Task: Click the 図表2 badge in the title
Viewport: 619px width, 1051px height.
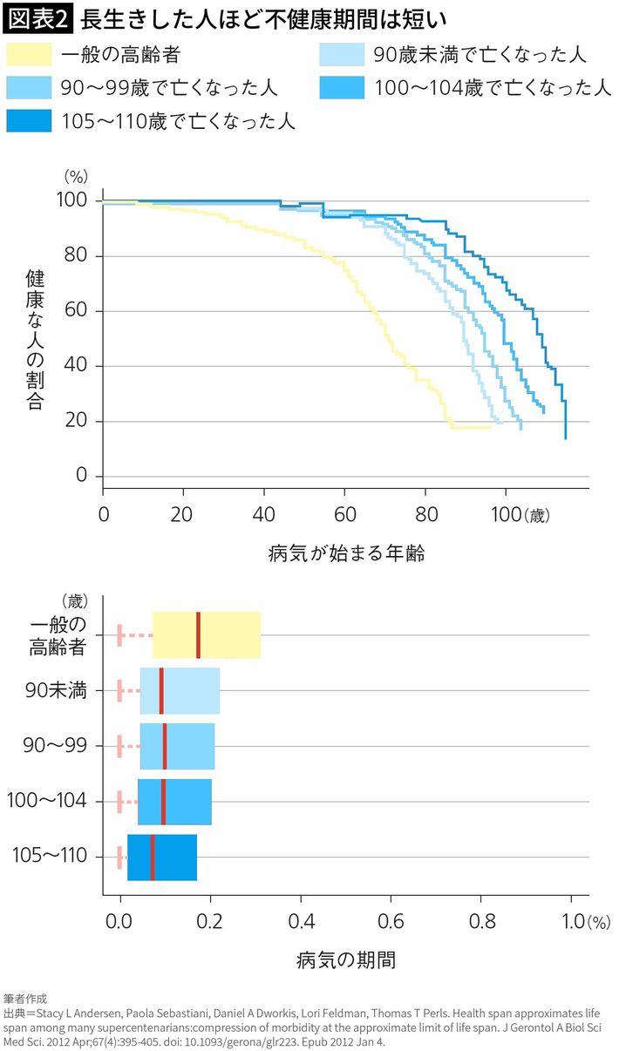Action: click(40, 17)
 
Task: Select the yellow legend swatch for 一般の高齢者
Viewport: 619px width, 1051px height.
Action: click(29, 56)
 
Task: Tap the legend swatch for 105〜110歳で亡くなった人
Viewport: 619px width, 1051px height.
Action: click(29, 120)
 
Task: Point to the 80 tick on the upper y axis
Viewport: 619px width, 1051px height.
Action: click(76, 256)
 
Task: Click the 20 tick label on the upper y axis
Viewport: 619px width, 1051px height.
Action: click(76, 422)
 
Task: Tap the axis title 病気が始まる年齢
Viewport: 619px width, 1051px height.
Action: click(346, 553)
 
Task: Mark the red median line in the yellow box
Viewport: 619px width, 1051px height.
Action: click(199, 634)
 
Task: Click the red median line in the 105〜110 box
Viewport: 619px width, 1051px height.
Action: click(153, 857)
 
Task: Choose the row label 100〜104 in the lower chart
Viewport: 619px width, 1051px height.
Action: click(47, 801)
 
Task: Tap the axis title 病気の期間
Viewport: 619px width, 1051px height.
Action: click(345, 960)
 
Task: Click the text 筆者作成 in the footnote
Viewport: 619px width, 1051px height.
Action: click(25, 999)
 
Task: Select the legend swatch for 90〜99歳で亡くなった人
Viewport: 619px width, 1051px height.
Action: click(29, 88)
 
